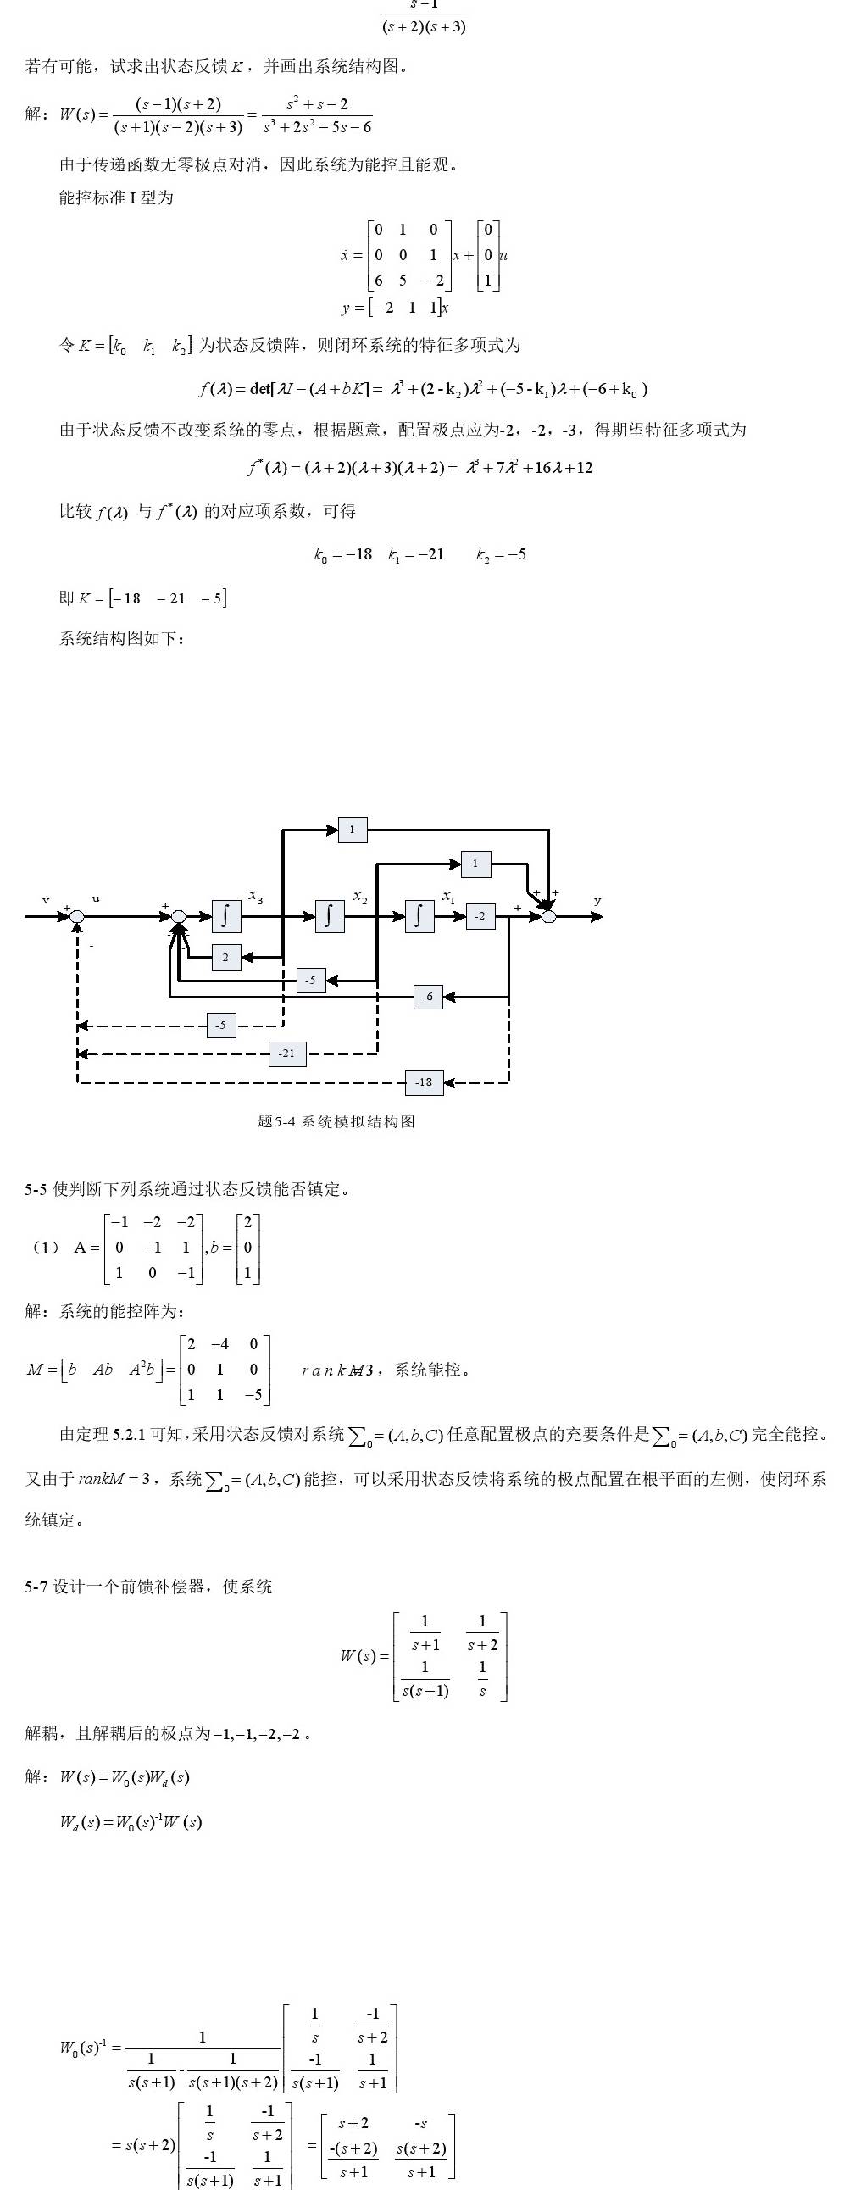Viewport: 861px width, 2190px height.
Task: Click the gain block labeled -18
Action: click(x=424, y=1082)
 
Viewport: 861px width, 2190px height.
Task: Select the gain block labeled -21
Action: click(x=287, y=1053)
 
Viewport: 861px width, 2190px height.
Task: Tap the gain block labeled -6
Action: click(x=427, y=997)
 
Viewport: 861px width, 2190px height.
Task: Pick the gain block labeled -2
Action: click(x=480, y=915)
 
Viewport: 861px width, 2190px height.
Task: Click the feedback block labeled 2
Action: click(x=225, y=957)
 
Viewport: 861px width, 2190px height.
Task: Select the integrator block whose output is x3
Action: click(x=225, y=915)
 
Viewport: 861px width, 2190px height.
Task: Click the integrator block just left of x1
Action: click(x=419, y=915)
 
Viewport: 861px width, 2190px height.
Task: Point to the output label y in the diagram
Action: click(x=597, y=900)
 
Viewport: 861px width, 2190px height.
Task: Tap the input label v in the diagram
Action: click(x=46, y=899)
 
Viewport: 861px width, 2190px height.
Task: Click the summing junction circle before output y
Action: click(x=549, y=916)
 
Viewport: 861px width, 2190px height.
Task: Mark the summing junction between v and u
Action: click(x=77, y=916)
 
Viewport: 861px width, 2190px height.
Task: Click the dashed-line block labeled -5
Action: click(x=221, y=1026)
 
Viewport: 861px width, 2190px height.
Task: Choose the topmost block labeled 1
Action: click(x=353, y=829)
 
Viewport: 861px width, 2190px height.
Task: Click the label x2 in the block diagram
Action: click(x=359, y=897)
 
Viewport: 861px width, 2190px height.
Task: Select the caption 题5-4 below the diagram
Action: click(x=277, y=1121)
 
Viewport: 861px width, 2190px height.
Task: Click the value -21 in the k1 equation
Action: click(x=429, y=554)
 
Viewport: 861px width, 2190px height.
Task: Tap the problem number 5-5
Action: click(x=36, y=1189)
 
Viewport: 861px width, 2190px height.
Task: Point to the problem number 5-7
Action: click(x=36, y=1587)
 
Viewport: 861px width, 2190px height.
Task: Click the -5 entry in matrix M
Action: click(x=253, y=1395)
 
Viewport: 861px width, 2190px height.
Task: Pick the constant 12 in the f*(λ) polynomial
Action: click(x=584, y=468)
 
